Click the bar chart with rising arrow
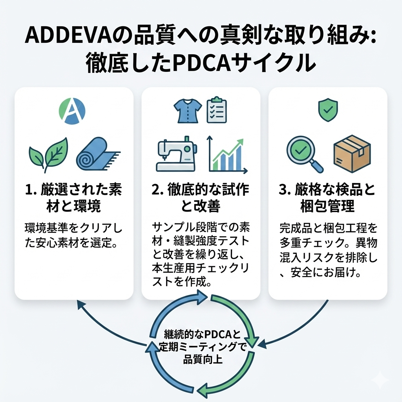[227, 155]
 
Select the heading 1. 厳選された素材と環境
[74, 198]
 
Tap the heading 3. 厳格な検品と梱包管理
[327, 198]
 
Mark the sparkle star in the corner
[380, 380]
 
